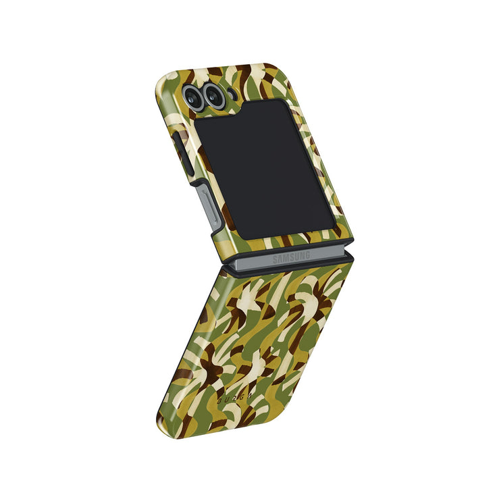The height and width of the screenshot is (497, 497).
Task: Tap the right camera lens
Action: [215, 97]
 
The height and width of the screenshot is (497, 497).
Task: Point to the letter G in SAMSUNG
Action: [307, 255]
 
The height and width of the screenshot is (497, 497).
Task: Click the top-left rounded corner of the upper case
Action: [162, 76]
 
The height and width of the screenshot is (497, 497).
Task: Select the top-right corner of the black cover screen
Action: [284, 101]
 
